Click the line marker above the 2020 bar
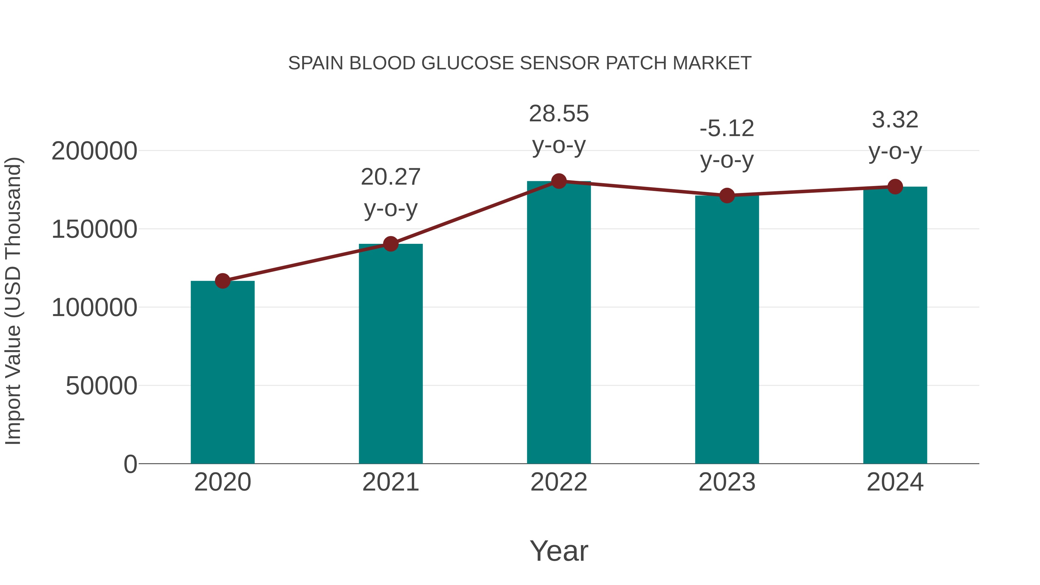[x=222, y=281]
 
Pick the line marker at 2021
[x=390, y=244]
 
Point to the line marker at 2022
[x=559, y=181]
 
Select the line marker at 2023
[x=727, y=196]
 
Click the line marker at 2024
[x=895, y=187]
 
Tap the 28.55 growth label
[x=559, y=114]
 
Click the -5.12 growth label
[x=727, y=129]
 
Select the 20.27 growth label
[x=390, y=177]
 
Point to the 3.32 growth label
[x=895, y=120]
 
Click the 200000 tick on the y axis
[x=94, y=151]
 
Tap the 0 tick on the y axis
[x=130, y=464]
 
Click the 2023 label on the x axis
[x=727, y=482]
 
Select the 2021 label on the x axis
[x=390, y=482]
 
